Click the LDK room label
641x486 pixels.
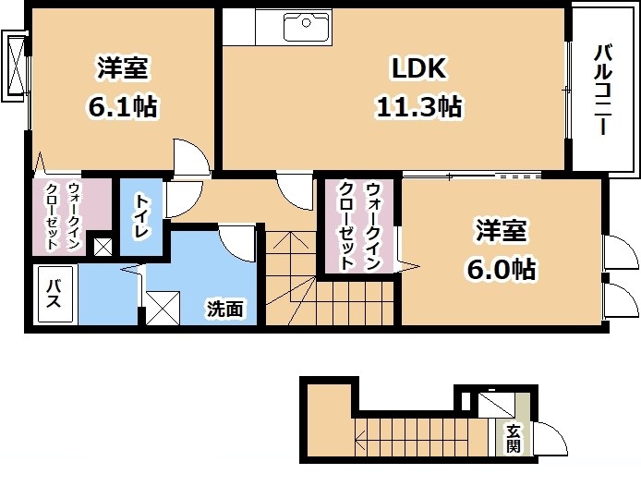pyautogui.click(x=419, y=67)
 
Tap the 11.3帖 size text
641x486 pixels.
pyautogui.click(x=419, y=107)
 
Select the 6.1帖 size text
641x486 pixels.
pyautogui.click(x=123, y=106)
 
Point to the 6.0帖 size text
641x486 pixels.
pyautogui.click(x=502, y=269)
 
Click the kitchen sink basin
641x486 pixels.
pyautogui.click(x=307, y=27)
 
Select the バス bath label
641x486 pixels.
pyautogui.click(x=54, y=294)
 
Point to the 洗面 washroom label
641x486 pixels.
pyautogui.click(x=224, y=309)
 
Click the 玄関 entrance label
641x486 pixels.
pyautogui.click(x=514, y=438)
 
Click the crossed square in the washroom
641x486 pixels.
pyautogui.click(x=163, y=308)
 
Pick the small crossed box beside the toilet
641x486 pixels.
pyautogui.click(x=103, y=247)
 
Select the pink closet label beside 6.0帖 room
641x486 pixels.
pyautogui.click(x=359, y=226)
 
